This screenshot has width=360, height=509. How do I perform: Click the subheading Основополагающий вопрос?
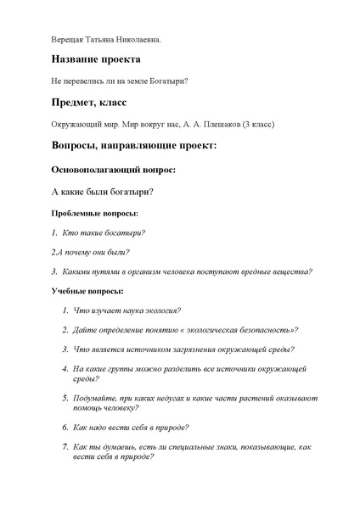(x=114, y=170)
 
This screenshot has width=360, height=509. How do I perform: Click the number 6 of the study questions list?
(x=65, y=428)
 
